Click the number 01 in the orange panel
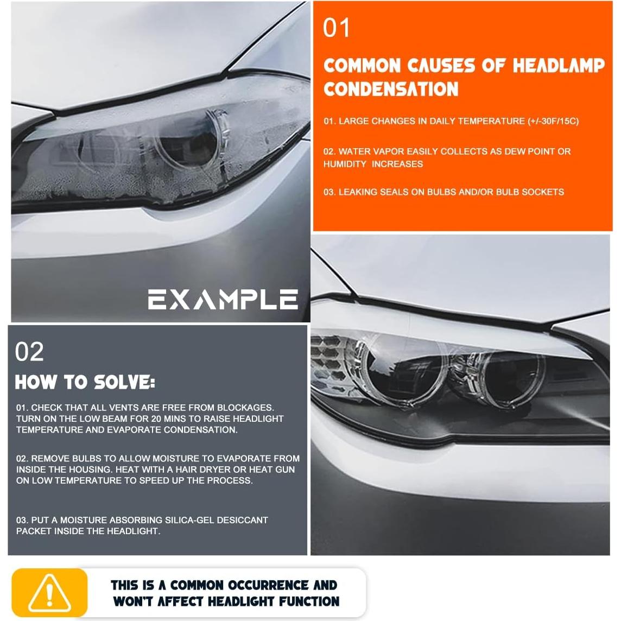point(336,28)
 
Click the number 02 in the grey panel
point(29,352)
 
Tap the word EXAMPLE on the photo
point(223,299)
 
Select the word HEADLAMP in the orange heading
point(559,66)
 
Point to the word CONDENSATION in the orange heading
point(391,89)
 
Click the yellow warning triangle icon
point(49,593)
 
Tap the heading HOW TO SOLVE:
point(85,382)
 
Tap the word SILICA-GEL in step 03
point(189,520)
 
